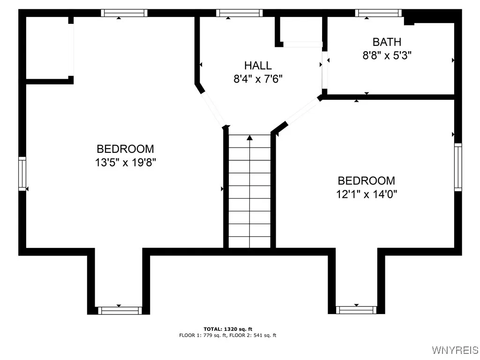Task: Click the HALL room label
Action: click(257, 66)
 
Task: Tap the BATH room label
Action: click(387, 42)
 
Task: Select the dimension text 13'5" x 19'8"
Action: click(125, 163)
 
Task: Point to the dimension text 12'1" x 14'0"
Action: click(367, 194)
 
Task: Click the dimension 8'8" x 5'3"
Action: click(387, 55)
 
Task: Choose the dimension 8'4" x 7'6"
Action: click(257, 79)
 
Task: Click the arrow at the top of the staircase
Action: click(249, 138)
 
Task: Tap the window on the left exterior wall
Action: click(22, 174)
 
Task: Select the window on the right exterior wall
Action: click(458, 167)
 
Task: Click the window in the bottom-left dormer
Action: click(119, 310)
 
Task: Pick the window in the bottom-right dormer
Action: click(356, 310)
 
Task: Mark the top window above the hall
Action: click(239, 13)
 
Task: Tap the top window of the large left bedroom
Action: click(124, 13)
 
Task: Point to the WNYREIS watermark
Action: click(455, 350)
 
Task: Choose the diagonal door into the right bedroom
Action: click(302, 112)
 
